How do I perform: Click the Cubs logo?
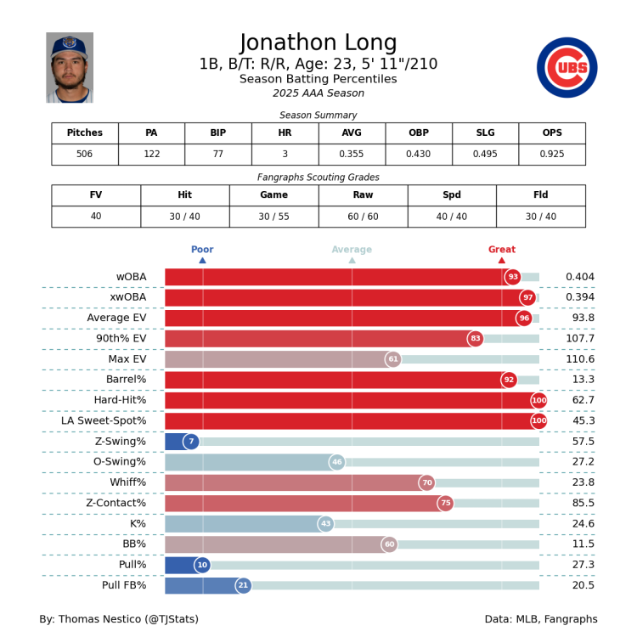(x=567, y=68)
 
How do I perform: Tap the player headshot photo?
(x=70, y=68)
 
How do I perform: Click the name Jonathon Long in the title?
(x=318, y=43)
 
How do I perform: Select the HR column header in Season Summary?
(x=285, y=133)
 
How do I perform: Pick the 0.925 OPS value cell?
(x=552, y=155)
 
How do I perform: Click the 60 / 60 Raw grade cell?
(x=363, y=217)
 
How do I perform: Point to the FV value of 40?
(x=96, y=217)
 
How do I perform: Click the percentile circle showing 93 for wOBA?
(x=513, y=277)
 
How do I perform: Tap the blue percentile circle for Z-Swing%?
(x=191, y=442)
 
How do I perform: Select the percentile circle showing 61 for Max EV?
(x=393, y=359)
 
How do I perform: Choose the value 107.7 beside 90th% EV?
(x=580, y=339)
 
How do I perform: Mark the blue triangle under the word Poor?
(x=202, y=260)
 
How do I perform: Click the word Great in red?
(x=501, y=250)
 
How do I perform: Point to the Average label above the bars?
(x=352, y=250)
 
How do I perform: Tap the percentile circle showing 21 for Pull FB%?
(x=244, y=585)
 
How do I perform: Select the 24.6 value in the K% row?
(x=580, y=524)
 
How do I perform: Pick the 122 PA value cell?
(x=151, y=155)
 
